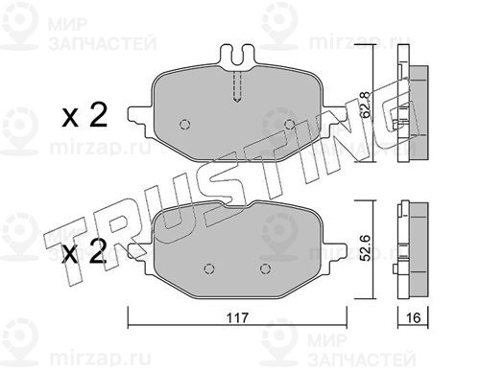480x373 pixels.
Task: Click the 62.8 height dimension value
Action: pyautogui.click(x=365, y=105)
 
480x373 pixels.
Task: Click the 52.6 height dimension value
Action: pyautogui.click(x=365, y=247)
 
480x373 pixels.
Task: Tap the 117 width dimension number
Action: pyautogui.click(x=237, y=317)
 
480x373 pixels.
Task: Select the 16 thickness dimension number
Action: pyautogui.click(x=413, y=317)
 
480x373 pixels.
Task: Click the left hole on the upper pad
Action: pyautogui.click(x=185, y=124)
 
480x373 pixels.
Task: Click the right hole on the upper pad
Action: pyautogui.click(x=289, y=124)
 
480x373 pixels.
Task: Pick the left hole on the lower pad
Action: pyautogui.click(x=209, y=269)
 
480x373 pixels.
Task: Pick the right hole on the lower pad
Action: pyautogui.click(x=265, y=269)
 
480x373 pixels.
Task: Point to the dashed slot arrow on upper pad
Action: pyautogui.click(x=237, y=86)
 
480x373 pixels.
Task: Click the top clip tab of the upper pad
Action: pyautogui.click(x=237, y=58)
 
